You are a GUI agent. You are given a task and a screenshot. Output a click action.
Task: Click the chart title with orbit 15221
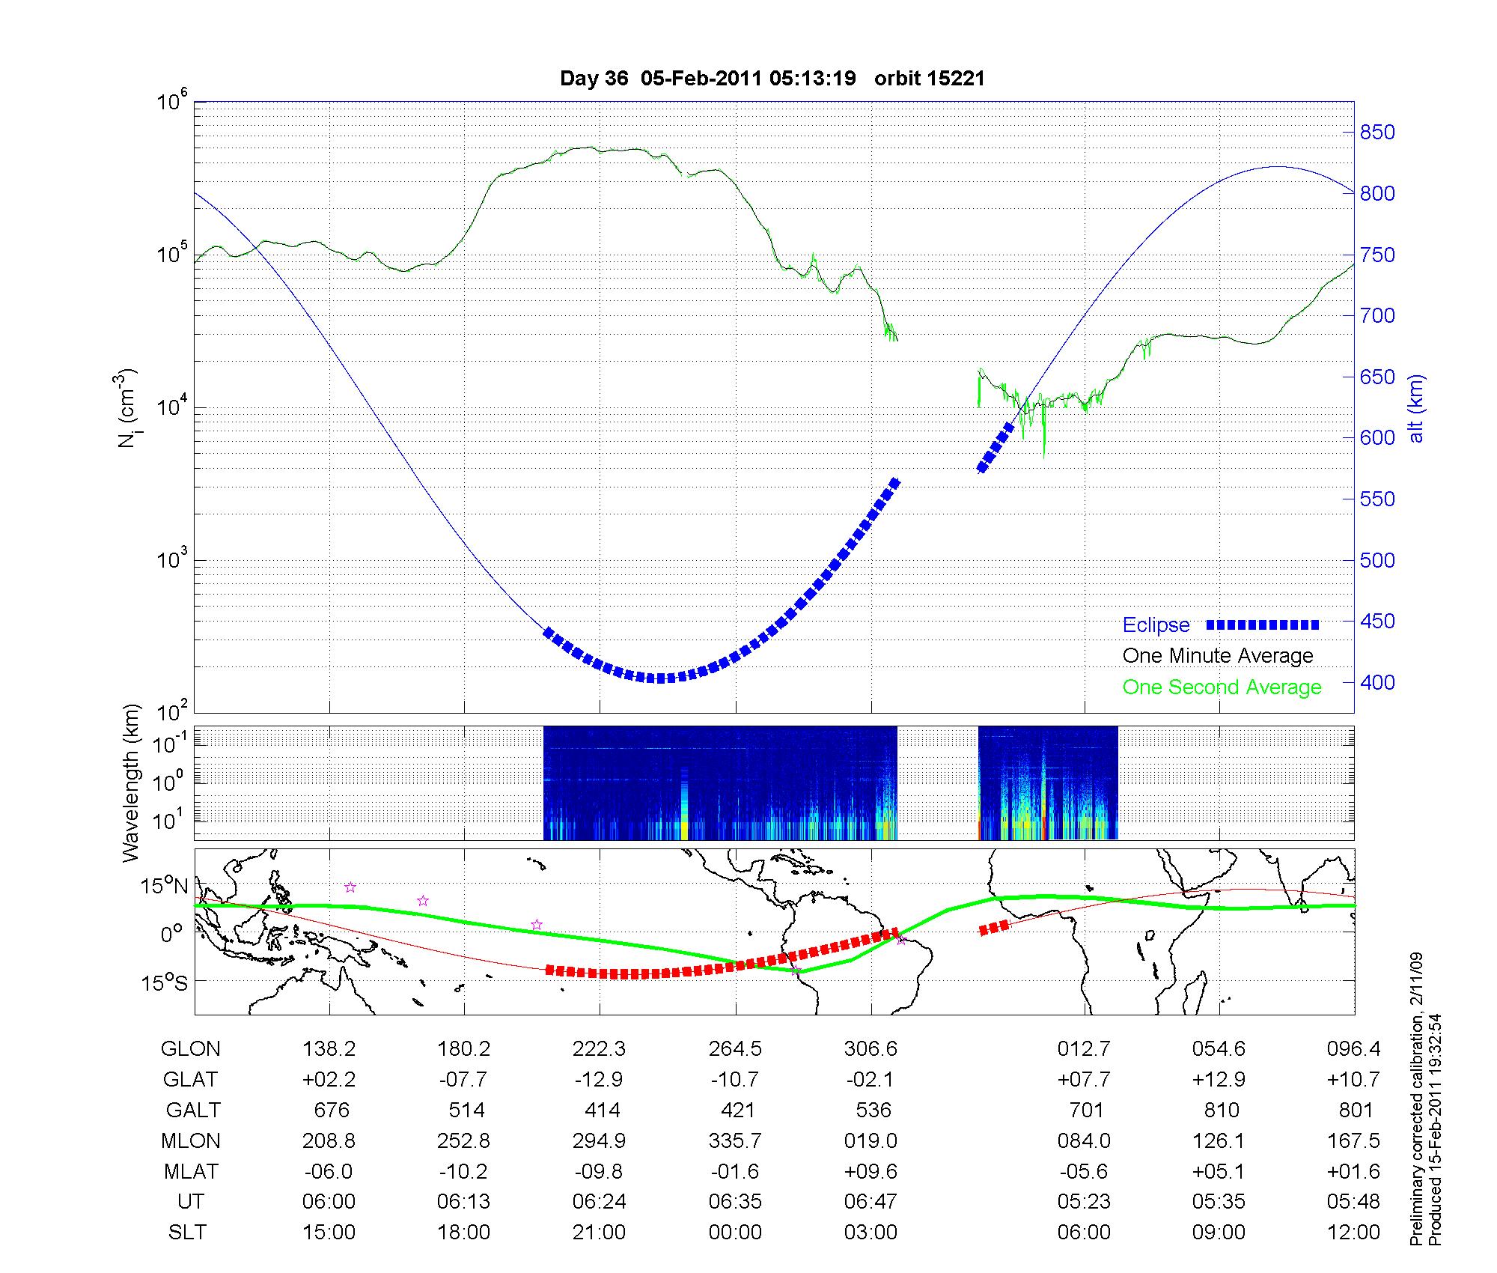(772, 79)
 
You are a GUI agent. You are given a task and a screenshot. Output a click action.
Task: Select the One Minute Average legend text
(1218, 656)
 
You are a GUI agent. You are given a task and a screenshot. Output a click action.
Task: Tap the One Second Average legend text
(1222, 687)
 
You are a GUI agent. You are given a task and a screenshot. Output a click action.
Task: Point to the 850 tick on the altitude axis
(1377, 133)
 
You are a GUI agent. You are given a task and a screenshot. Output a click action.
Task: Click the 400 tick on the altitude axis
(1377, 683)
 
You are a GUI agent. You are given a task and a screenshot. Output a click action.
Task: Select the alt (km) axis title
(1416, 408)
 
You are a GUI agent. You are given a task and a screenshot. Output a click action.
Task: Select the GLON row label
(190, 1049)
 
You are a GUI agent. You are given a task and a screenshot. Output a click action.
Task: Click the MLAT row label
(190, 1171)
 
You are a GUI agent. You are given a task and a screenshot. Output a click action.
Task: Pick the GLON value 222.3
(599, 1049)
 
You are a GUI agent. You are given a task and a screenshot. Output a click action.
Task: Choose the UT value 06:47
(871, 1202)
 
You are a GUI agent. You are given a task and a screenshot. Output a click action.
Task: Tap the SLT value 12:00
(1353, 1233)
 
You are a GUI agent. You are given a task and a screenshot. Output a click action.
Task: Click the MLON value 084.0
(1084, 1141)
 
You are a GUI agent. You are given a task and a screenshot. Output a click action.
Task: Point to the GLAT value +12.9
(1219, 1080)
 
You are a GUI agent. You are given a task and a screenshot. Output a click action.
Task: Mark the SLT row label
(187, 1233)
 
